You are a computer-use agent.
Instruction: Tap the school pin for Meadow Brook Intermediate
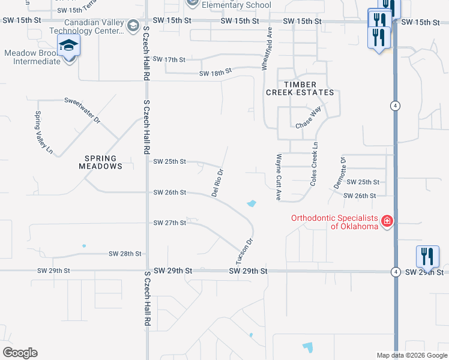68,46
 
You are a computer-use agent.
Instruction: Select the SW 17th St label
169,59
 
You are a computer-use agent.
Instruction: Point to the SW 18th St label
215,73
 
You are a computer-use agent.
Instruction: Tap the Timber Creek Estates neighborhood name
300,88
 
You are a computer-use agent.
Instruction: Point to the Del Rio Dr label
217,182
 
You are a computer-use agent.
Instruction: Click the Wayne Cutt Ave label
279,177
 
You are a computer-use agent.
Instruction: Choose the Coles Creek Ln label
313,163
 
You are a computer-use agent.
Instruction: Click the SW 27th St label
170,223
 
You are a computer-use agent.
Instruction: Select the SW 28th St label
125,254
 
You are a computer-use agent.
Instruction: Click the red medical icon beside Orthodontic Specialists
387,221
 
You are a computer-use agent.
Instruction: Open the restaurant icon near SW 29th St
427,256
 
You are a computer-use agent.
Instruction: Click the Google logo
20,353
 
